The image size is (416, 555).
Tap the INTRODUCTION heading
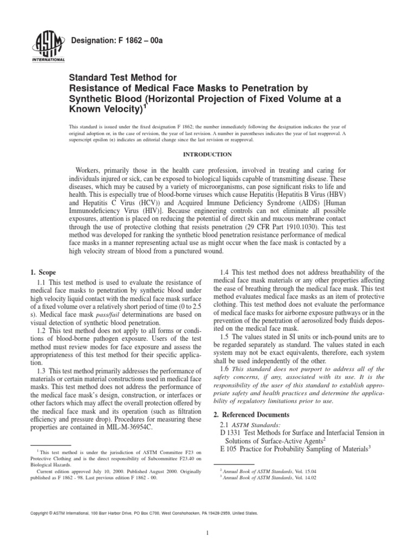[x=207, y=154]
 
